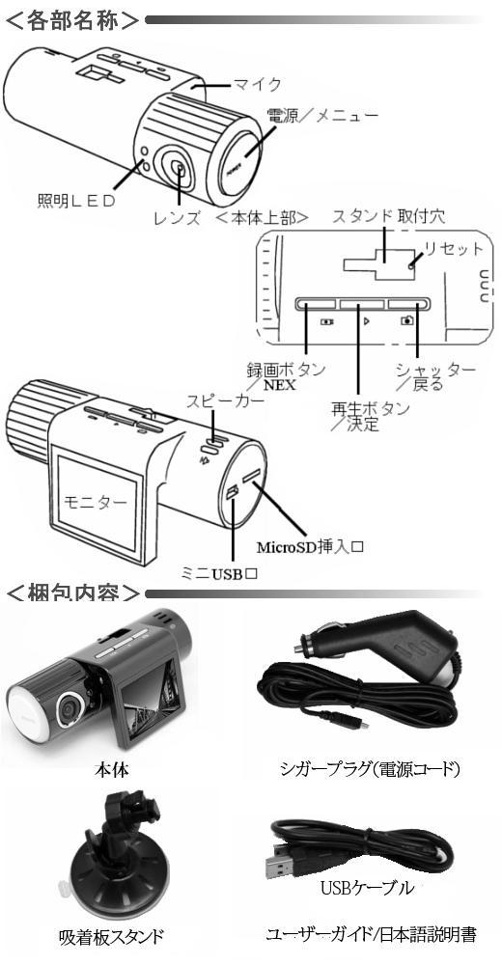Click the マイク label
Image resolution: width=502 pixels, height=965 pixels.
[x=257, y=83]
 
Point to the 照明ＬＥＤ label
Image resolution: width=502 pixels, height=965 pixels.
[x=76, y=202]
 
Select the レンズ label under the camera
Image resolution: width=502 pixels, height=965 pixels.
[x=177, y=217]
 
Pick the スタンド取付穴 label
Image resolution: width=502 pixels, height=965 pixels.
[x=388, y=216]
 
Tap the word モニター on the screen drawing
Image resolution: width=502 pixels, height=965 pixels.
[x=96, y=502]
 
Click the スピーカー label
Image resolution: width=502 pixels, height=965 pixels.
[x=226, y=400]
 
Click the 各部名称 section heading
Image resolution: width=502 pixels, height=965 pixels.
[x=72, y=19]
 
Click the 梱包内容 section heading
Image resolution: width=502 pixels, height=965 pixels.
[x=72, y=593]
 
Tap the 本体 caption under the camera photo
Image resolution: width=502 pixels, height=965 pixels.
[x=112, y=769]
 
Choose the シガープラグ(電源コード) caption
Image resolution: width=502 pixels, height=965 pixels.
[x=370, y=769]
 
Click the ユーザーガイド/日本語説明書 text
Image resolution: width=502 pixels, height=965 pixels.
[x=371, y=934]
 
